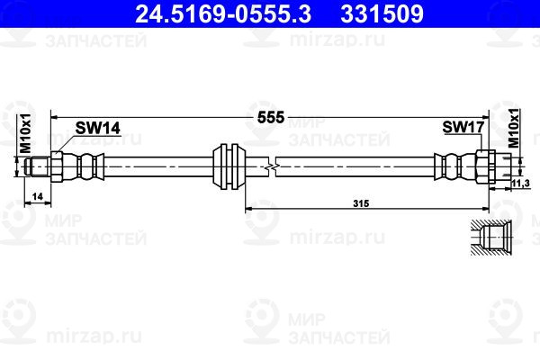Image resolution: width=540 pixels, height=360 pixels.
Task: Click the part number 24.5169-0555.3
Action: (x=223, y=13)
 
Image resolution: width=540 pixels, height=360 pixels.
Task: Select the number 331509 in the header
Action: (x=382, y=13)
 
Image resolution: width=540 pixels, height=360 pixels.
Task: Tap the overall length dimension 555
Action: (x=271, y=118)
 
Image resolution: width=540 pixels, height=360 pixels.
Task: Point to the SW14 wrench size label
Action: (x=98, y=128)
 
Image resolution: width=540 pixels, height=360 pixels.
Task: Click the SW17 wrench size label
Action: (x=463, y=127)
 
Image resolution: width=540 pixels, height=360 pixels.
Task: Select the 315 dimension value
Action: (x=361, y=203)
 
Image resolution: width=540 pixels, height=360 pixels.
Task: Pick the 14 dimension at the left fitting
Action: (x=38, y=196)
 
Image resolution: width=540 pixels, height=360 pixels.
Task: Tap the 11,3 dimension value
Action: (x=520, y=184)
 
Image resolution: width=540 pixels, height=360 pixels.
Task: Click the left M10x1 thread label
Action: (x=25, y=133)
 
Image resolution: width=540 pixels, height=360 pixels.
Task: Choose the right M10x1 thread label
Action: (x=514, y=128)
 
